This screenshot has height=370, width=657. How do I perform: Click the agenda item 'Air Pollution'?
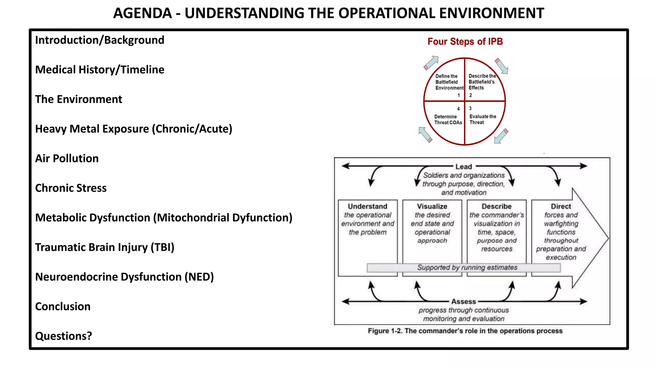[x=67, y=159]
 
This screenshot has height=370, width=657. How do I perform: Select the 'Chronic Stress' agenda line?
[x=71, y=188]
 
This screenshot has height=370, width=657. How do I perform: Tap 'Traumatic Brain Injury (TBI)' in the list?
[x=105, y=247]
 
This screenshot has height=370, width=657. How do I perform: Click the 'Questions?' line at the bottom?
[x=64, y=336]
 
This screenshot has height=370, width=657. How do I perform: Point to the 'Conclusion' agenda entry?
[x=63, y=306]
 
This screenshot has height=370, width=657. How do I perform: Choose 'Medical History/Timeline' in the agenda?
[x=99, y=70]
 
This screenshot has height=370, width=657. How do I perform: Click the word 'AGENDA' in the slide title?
[x=143, y=13]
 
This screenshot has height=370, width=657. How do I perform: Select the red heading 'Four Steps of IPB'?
[x=465, y=41]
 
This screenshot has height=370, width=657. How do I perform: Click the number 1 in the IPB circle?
[x=459, y=95]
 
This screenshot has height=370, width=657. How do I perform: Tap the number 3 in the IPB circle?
[x=470, y=109]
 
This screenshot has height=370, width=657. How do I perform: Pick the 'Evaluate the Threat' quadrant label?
[x=482, y=119]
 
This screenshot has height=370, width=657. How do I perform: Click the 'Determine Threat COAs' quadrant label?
[x=448, y=119]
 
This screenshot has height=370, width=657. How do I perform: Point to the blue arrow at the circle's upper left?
[x=431, y=63]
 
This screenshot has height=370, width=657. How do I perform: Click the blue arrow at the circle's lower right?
[x=501, y=136]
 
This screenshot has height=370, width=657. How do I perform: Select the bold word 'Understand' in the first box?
[x=368, y=207]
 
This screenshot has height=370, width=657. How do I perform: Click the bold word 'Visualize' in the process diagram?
[x=432, y=207]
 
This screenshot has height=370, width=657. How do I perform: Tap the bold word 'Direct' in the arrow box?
[x=561, y=207]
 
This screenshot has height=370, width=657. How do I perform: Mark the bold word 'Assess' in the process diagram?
[x=464, y=302]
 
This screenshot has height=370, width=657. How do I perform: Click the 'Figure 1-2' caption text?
[x=465, y=331]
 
